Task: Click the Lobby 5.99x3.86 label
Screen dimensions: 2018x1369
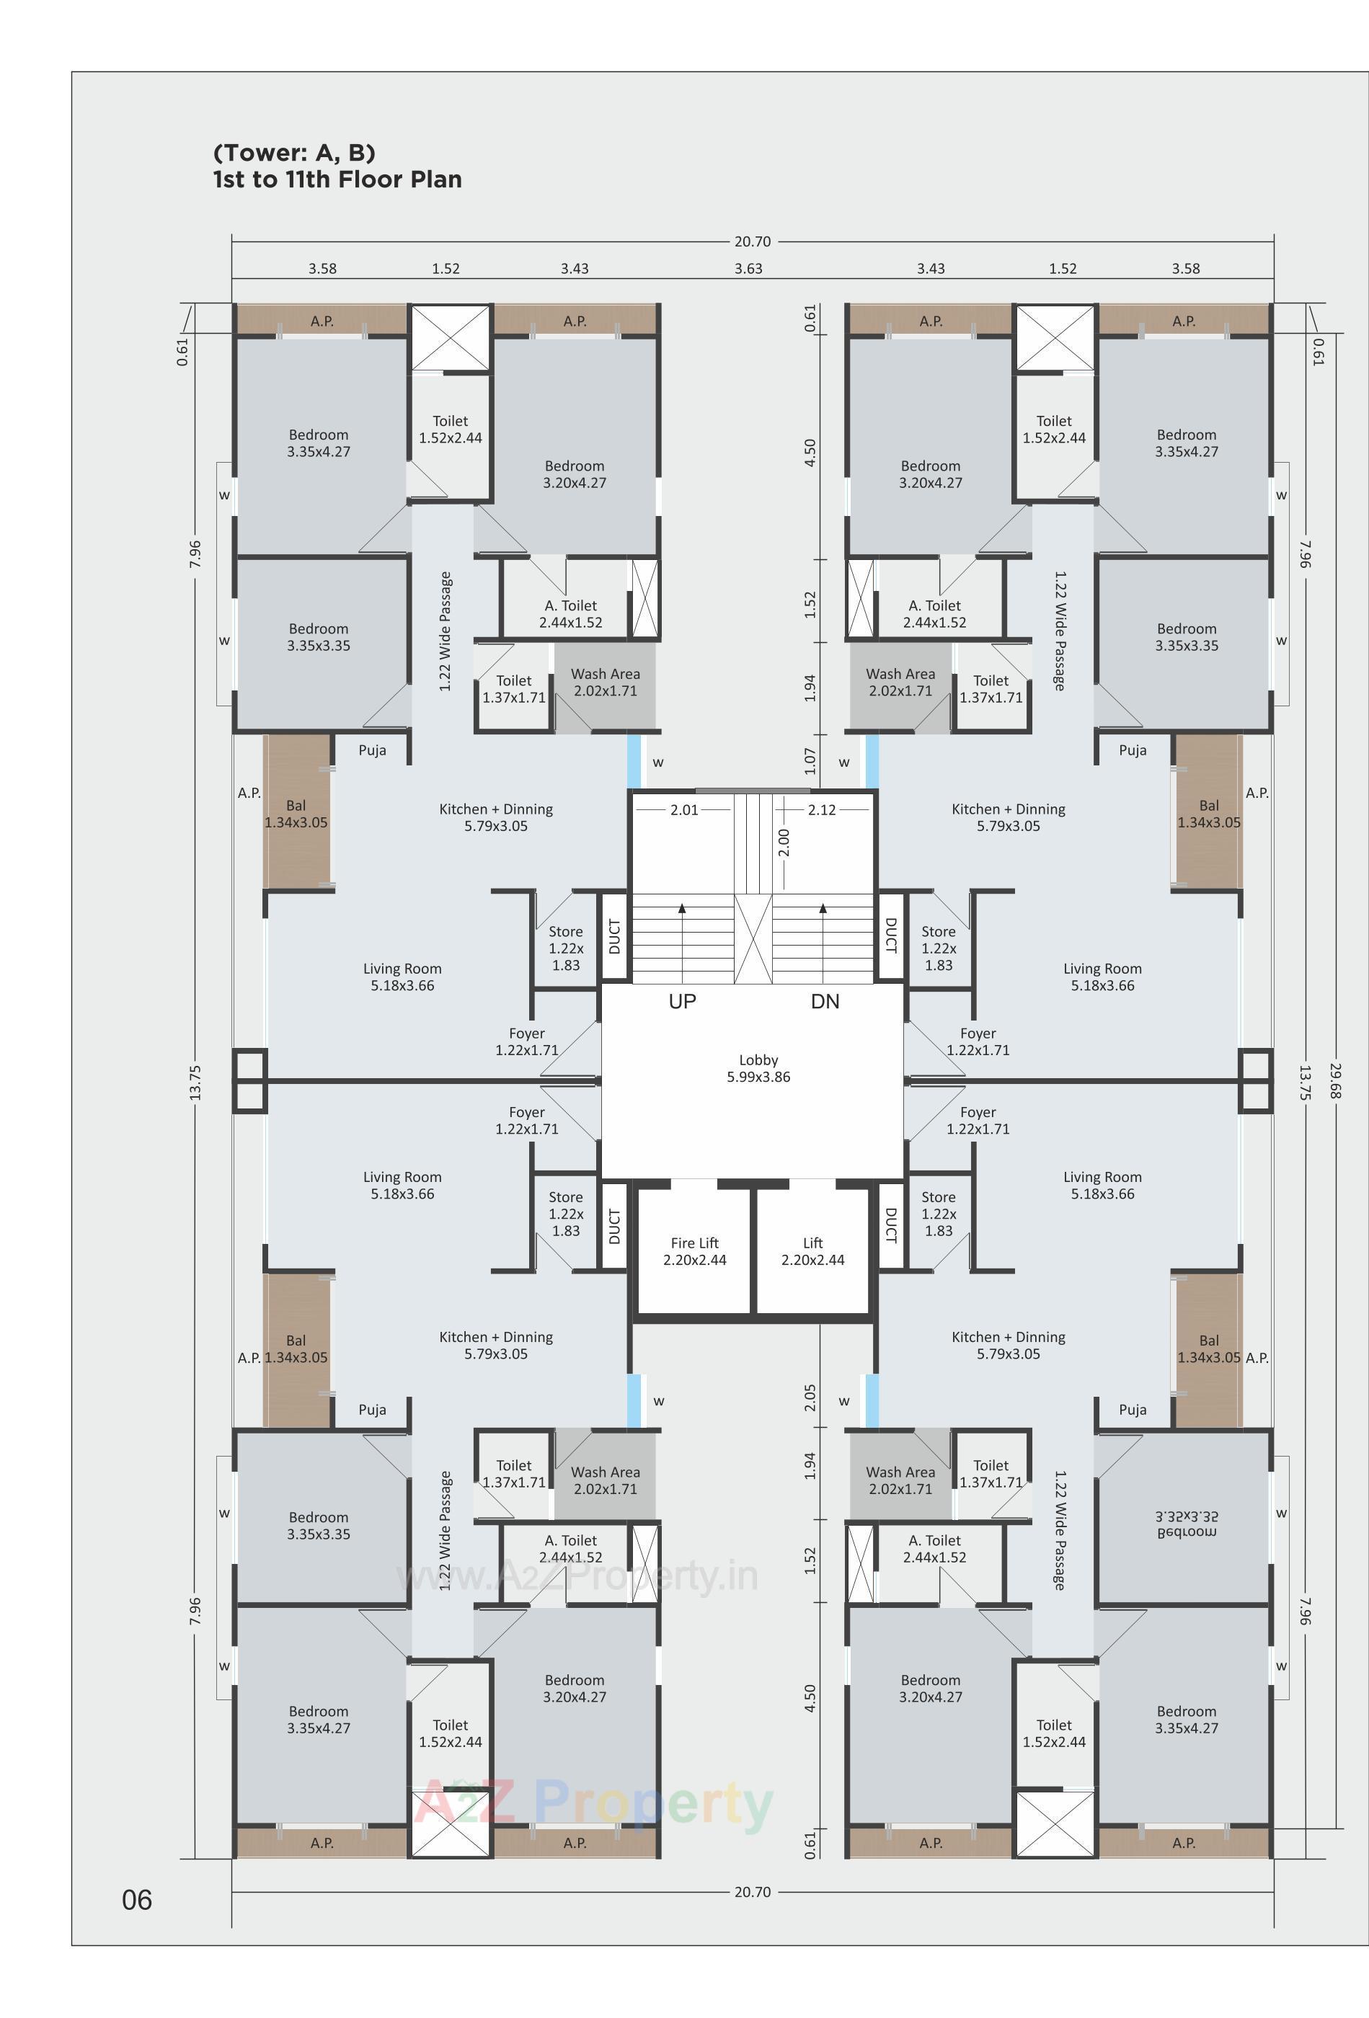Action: (x=758, y=1068)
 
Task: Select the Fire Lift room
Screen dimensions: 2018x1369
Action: (x=694, y=1251)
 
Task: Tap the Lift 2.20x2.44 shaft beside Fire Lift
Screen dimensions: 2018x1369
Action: (x=812, y=1251)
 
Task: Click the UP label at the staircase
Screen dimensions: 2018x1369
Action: (x=682, y=1001)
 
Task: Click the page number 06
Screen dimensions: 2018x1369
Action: (x=136, y=1900)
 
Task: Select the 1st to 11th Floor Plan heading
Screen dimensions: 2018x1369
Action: (x=337, y=179)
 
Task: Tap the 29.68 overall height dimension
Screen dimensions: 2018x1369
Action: (x=1335, y=1080)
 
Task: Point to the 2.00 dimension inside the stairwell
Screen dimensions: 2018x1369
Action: (x=784, y=843)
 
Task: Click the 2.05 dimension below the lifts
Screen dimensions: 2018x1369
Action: (x=810, y=1397)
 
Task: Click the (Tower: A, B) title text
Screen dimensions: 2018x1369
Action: (x=293, y=153)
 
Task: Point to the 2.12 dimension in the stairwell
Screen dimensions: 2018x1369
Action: (x=821, y=809)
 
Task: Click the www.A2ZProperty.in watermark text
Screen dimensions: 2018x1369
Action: (x=577, y=1576)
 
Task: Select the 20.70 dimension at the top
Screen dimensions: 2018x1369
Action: (x=751, y=241)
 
